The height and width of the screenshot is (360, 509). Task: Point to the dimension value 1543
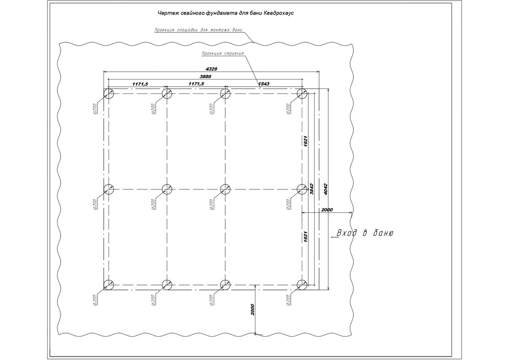(x=263, y=84)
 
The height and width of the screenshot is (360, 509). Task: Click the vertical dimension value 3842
(x=312, y=189)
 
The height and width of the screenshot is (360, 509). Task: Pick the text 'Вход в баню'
(x=365, y=233)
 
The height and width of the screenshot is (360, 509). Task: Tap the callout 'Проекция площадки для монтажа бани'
(x=198, y=30)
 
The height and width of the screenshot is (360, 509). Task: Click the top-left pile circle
(x=109, y=93)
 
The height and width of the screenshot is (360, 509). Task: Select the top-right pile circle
(x=302, y=93)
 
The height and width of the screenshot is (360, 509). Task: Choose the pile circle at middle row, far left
(x=109, y=189)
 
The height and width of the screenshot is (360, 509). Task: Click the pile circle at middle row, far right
(x=302, y=189)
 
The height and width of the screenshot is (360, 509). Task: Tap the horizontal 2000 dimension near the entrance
(x=327, y=210)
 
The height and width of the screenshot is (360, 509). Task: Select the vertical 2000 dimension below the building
(x=253, y=311)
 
